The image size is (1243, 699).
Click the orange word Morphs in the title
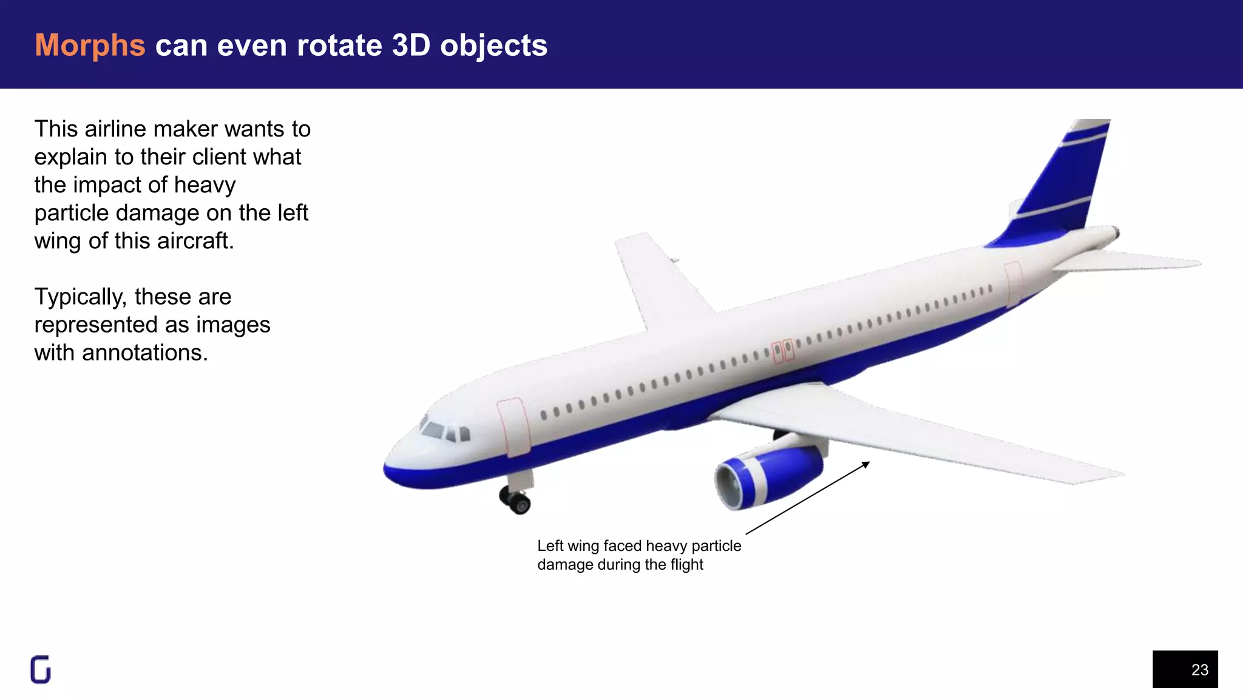pos(90,46)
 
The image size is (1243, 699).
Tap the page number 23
pos(1199,670)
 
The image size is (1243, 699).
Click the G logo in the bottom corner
pos(41,670)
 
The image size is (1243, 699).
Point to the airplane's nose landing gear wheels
pos(516,501)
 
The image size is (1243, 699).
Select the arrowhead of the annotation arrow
pos(867,464)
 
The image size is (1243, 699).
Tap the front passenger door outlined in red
pos(513,427)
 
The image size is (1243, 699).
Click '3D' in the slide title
pos(411,46)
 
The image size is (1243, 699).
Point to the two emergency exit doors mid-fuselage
pos(782,351)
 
